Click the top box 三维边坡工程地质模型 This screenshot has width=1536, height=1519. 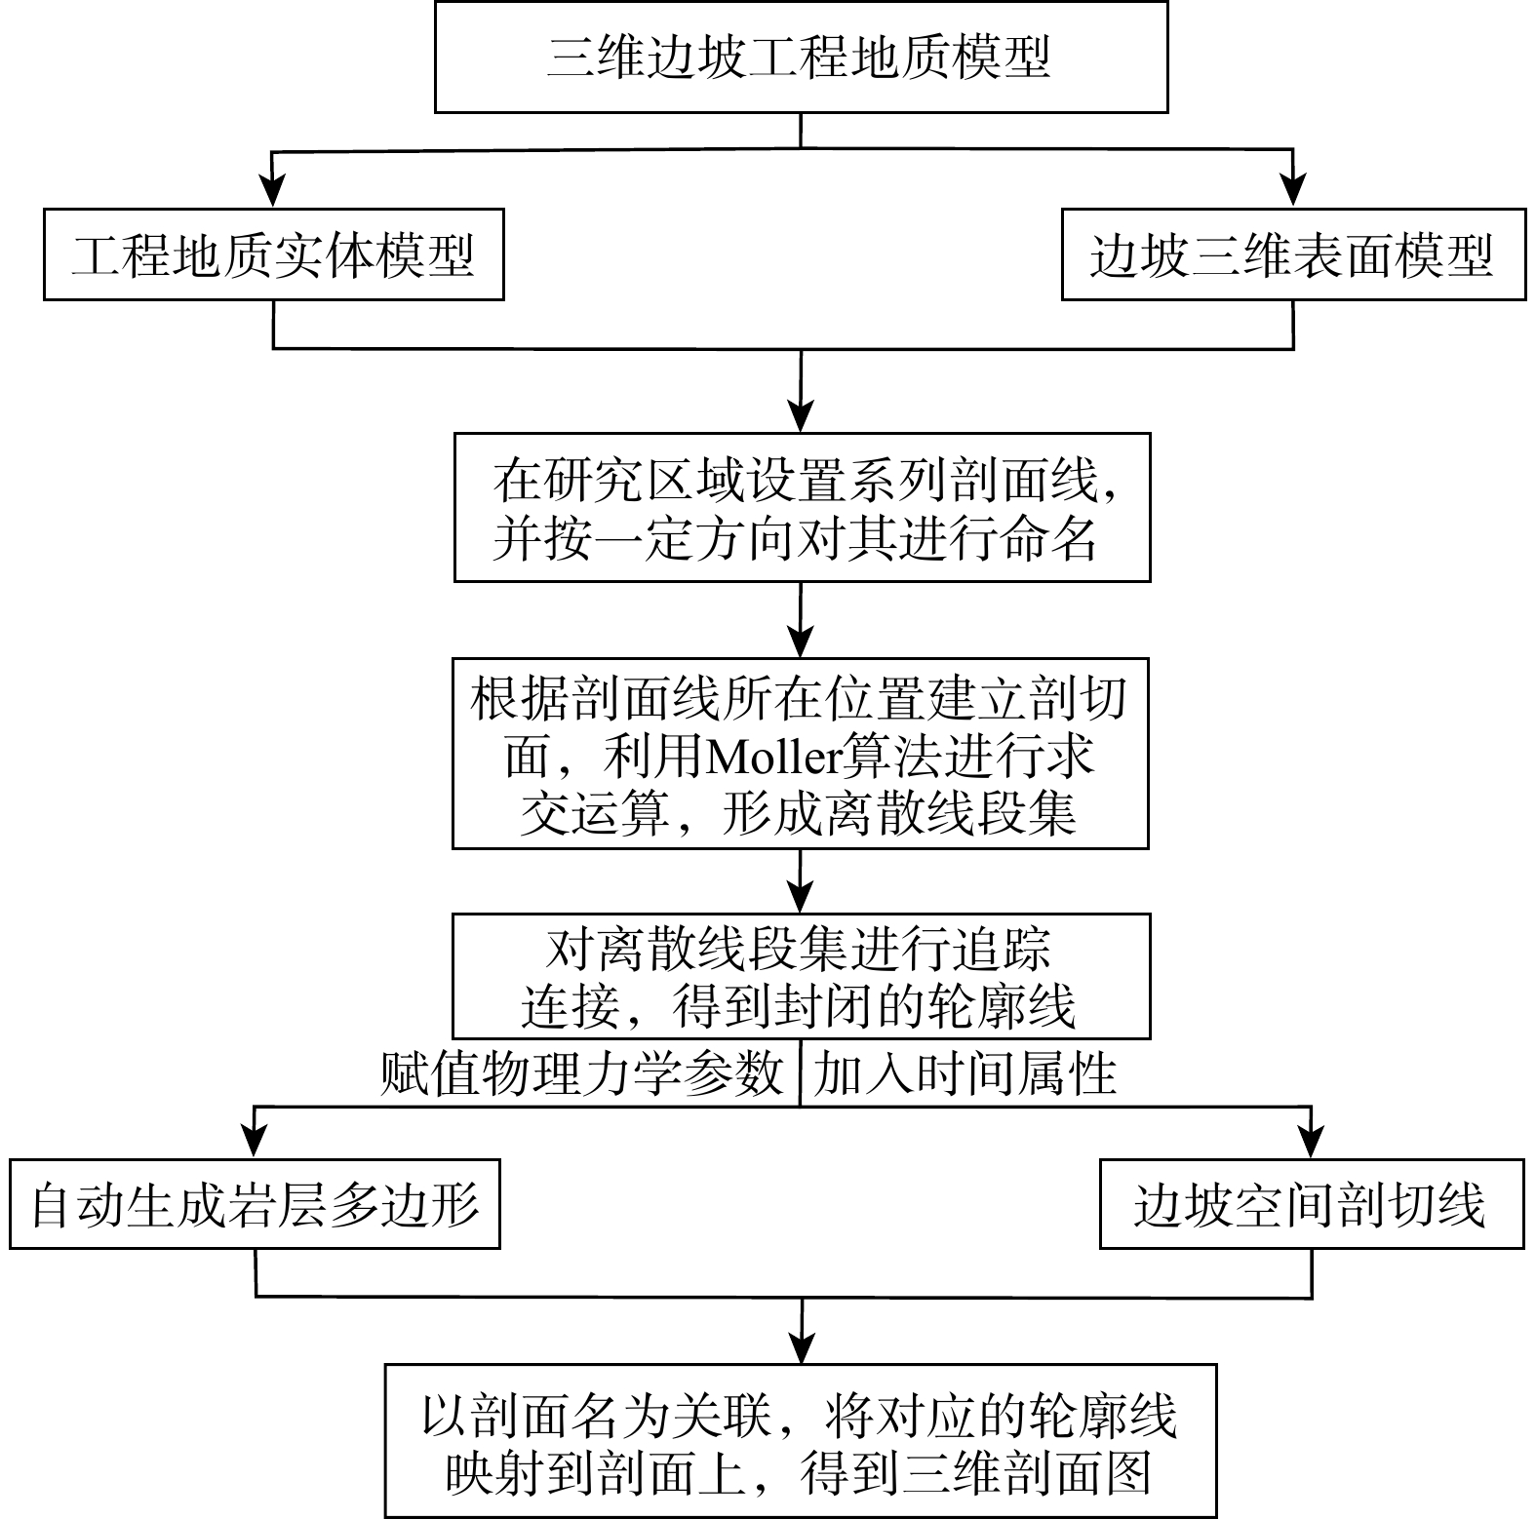tap(801, 57)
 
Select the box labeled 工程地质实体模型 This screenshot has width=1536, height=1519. tap(273, 254)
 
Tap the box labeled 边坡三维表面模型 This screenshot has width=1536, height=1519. tap(1293, 254)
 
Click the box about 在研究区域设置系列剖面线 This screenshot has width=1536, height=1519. tap(802, 507)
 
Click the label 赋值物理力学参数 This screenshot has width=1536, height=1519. tap(582, 1074)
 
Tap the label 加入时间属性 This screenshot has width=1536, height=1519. tap(965, 1074)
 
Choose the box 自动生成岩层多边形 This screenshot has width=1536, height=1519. tap(255, 1203)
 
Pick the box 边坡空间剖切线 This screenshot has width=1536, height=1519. tap(1311, 1203)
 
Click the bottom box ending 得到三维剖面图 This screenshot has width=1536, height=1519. tap(801, 1440)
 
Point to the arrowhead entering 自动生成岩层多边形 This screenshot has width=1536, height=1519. tap(255, 1143)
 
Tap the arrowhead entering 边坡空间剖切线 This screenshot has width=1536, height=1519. tap(1312, 1143)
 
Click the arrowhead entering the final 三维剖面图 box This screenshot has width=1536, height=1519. tap(801, 1348)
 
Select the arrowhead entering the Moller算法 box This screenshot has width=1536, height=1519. tap(801, 643)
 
